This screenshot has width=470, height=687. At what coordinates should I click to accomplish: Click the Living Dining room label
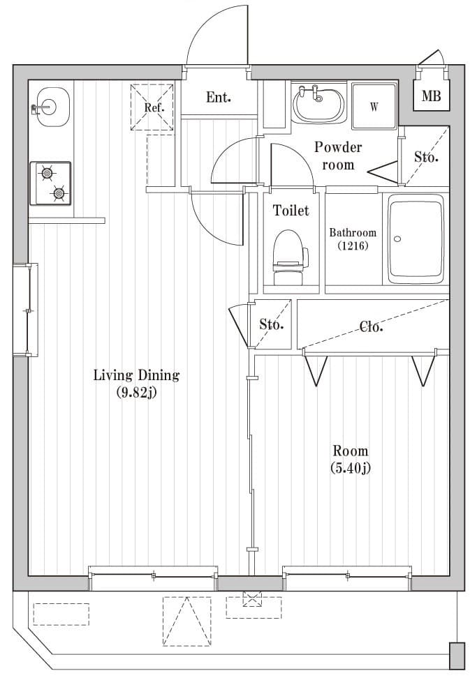(x=136, y=375)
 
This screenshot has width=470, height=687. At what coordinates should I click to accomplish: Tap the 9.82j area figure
(x=136, y=393)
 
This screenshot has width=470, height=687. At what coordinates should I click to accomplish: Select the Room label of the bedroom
(x=350, y=451)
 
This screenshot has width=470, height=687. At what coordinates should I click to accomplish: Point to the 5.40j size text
(x=350, y=468)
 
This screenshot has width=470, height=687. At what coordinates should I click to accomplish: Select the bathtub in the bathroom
(x=416, y=239)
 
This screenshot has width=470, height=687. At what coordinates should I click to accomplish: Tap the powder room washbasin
(x=318, y=104)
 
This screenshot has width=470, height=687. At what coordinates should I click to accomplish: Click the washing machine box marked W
(x=374, y=106)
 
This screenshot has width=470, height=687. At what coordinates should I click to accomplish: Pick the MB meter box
(x=431, y=96)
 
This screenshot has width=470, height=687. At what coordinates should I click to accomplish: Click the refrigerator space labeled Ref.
(x=154, y=107)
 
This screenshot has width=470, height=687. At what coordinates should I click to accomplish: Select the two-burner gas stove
(x=50, y=183)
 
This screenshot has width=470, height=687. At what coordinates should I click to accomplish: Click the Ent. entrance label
(x=218, y=98)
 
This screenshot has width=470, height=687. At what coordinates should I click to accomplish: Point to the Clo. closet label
(x=371, y=326)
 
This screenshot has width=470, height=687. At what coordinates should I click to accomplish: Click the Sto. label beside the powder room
(x=426, y=157)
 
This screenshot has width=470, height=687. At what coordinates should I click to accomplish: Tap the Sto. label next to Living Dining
(x=271, y=324)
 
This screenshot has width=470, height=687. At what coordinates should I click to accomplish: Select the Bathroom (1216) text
(x=353, y=239)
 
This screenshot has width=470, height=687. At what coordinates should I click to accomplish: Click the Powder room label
(x=337, y=156)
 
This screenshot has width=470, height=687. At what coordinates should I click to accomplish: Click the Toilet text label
(x=291, y=210)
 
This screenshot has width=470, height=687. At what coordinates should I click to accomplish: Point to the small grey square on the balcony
(x=457, y=656)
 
